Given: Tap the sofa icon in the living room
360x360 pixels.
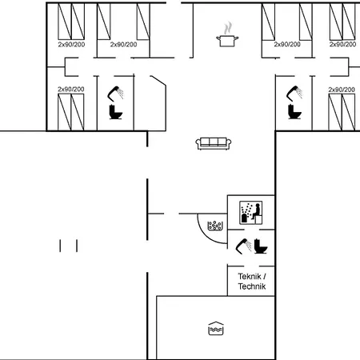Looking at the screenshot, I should (x=214, y=142).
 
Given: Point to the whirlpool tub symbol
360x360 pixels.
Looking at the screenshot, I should (x=214, y=226).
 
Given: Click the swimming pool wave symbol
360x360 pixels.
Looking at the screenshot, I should (x=214, y=328).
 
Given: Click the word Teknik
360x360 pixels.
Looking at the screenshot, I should (x=247, y=277).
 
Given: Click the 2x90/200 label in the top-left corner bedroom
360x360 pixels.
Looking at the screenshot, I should (x=71, y=45).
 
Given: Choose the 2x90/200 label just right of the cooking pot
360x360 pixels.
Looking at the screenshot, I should (x=287, y=45).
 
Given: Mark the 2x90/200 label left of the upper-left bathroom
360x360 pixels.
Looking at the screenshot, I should (x=71, y=89).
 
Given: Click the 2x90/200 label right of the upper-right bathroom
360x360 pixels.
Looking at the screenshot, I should (x=341, y=89).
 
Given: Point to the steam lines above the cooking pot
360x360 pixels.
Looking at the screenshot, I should (x=228, y=26).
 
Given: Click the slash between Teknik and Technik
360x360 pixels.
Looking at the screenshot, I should (x=265, y=277).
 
